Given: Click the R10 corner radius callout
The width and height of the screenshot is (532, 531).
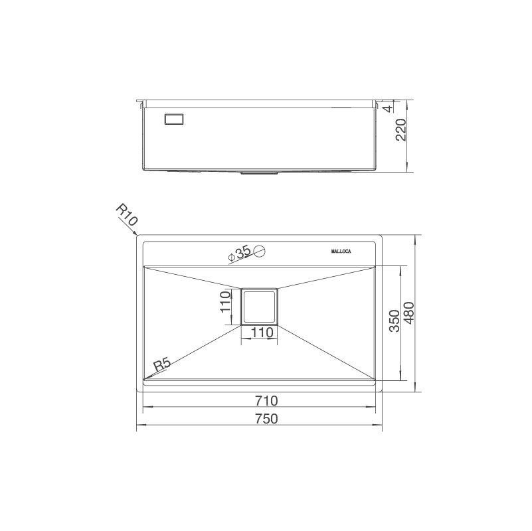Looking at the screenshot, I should [126, 215].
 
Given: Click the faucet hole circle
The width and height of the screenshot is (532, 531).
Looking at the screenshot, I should [260, 251].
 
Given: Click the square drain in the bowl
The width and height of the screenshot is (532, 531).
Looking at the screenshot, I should [259, 307].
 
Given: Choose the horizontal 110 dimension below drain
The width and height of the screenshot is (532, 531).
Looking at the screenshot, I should [261, 332].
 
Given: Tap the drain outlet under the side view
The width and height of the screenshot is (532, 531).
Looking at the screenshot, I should [259, 172].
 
